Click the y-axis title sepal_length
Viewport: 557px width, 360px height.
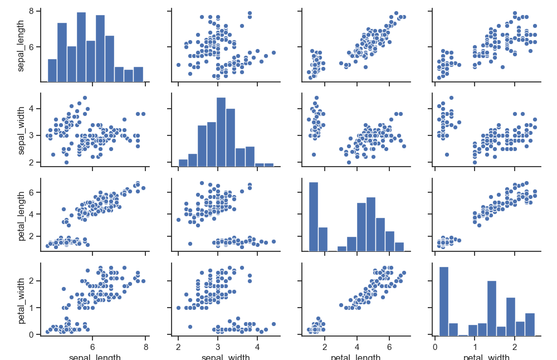coord(21,47)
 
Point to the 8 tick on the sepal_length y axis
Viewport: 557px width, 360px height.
coord(33,11)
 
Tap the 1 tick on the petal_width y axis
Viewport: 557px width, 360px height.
coord(33,308)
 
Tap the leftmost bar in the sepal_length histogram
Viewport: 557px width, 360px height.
coord(52,70)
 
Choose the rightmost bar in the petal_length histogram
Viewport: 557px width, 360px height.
coord(399,247)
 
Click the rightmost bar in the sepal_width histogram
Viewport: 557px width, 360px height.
coord(268,164)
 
